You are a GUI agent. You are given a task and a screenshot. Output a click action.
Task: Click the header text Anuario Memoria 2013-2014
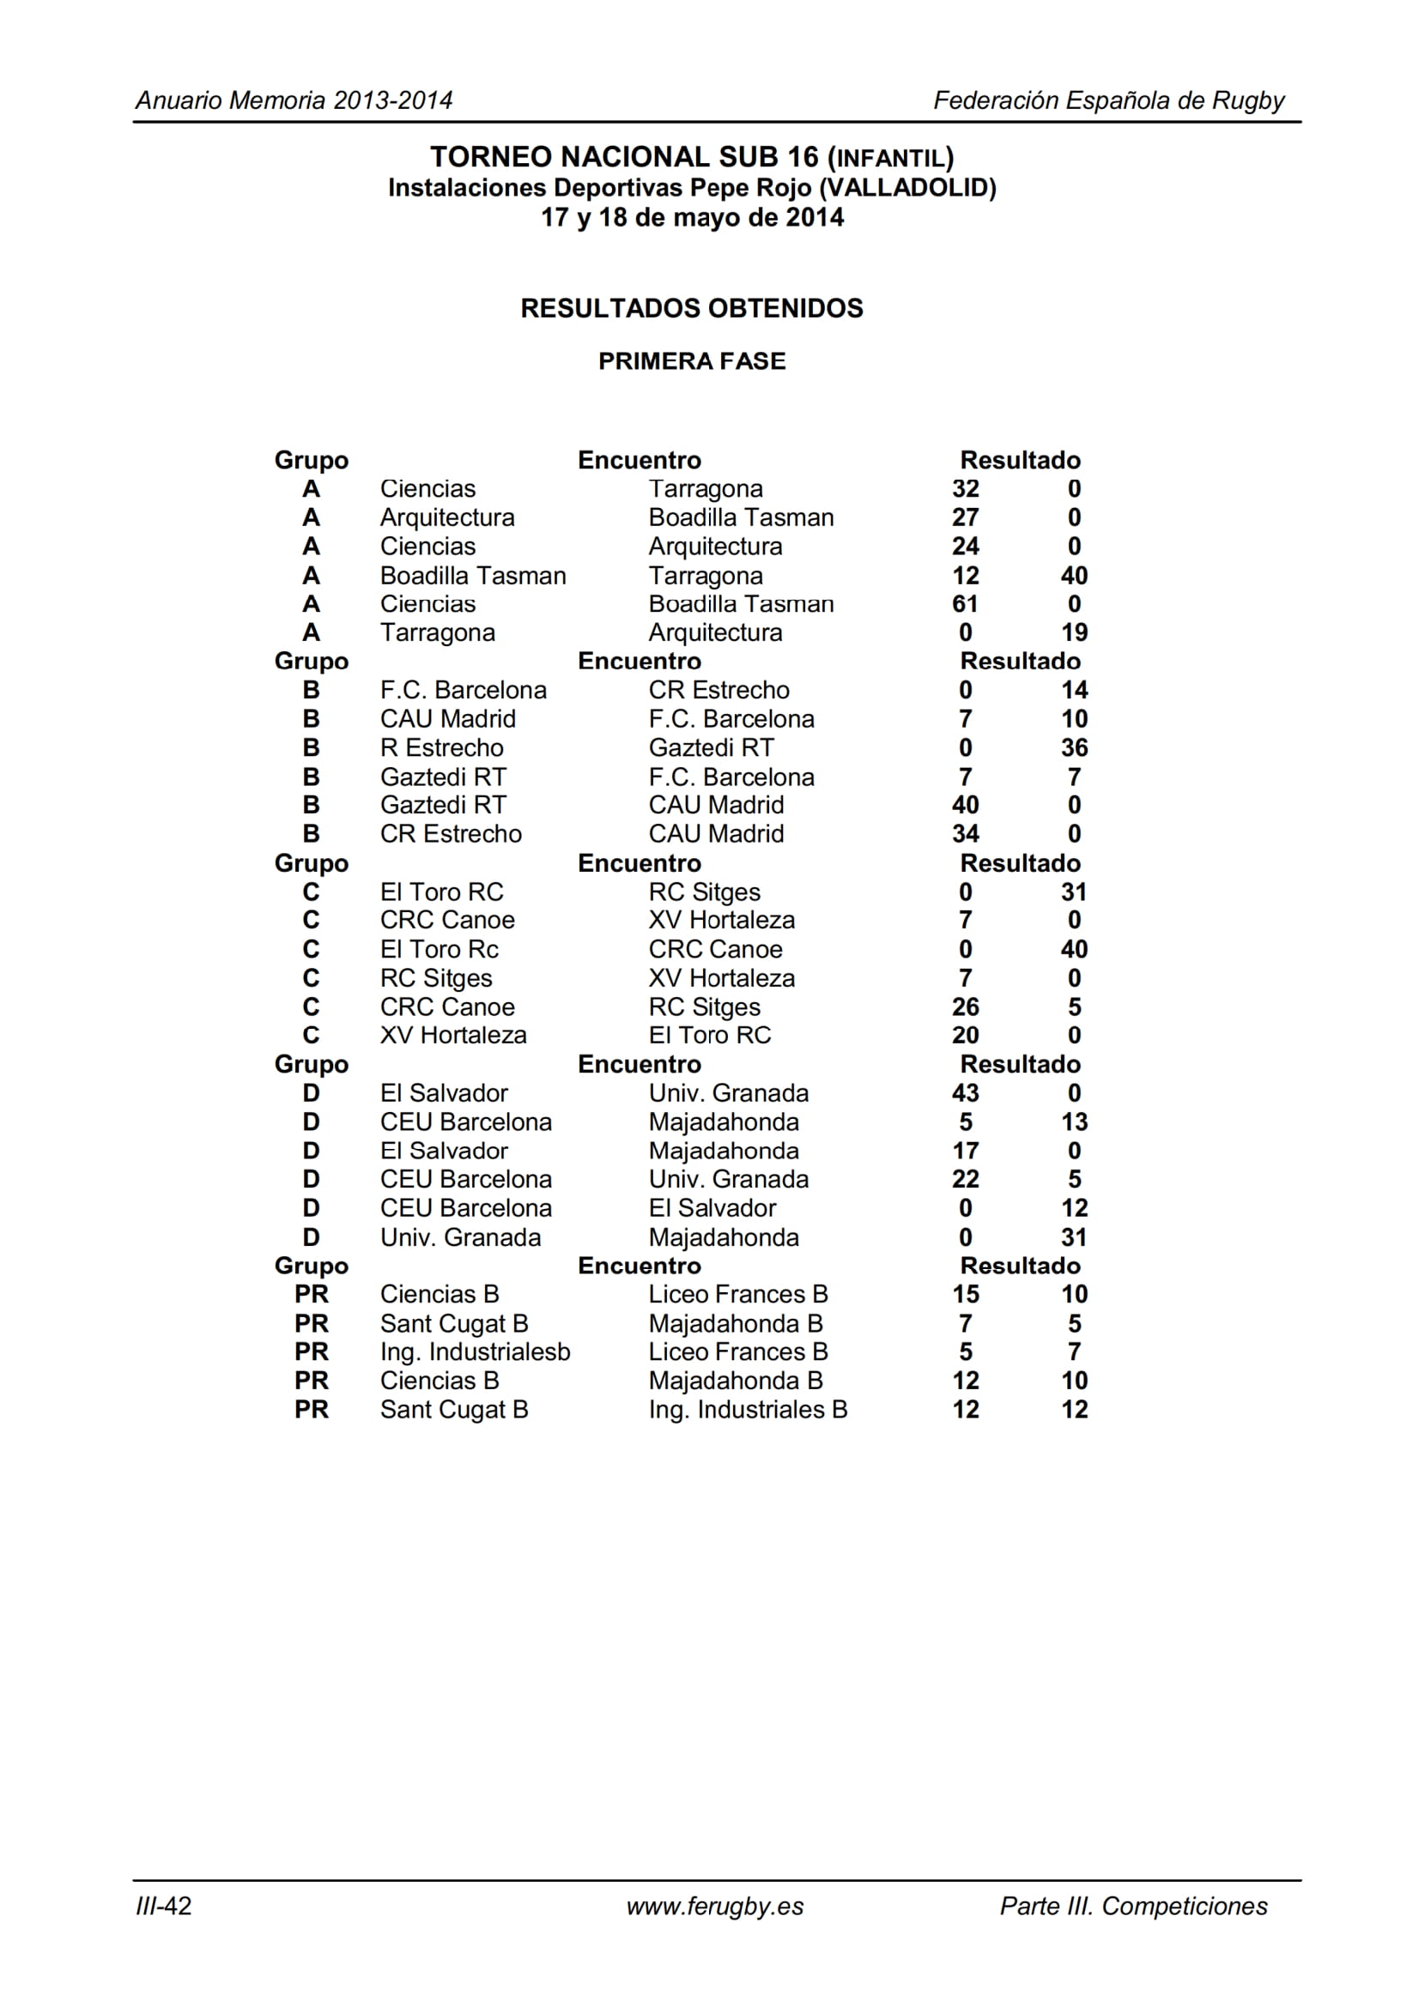click(x=294, y=100)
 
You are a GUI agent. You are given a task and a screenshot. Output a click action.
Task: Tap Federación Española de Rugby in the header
click(x=1108, y=100)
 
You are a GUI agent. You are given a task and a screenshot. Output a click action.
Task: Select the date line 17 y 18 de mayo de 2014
click(x=692, y=218)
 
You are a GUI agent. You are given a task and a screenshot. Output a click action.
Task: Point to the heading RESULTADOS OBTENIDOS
click(x=692, y=308)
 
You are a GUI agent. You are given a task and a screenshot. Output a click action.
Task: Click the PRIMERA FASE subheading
click(x=692, y=361)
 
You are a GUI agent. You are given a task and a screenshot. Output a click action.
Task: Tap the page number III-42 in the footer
click(x=163, y=1906)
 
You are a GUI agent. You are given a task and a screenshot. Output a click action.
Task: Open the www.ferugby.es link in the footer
click(x=714, y=1906)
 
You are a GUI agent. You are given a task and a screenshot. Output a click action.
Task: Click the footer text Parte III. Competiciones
click(x=1133, y=1906)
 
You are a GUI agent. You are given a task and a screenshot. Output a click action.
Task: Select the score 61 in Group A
click(x=964, y=604)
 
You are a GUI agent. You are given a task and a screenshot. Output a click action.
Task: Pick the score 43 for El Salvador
click(x=964, y=1092)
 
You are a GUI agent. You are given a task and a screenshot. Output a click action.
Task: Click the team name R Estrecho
click(x=441, y=747)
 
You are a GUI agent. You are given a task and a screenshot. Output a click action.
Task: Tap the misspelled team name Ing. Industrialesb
click(x=475, y=1351)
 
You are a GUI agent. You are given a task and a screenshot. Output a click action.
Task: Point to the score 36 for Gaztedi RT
click(x=1074, y=747)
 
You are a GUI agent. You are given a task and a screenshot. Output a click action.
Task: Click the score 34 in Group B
click(x=964, y=834)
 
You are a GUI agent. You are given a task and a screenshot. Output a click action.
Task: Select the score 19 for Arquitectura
click(x=1074, y=632)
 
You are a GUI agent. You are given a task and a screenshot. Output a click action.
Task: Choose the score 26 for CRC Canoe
click(x=964, y=1007)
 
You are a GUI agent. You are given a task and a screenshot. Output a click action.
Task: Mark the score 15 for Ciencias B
click(x=964, y=1294)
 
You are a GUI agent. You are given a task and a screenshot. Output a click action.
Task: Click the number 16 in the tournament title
click(x=802, y=157)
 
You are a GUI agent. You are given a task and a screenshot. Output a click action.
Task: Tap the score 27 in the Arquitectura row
click(x=964, y=517)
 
